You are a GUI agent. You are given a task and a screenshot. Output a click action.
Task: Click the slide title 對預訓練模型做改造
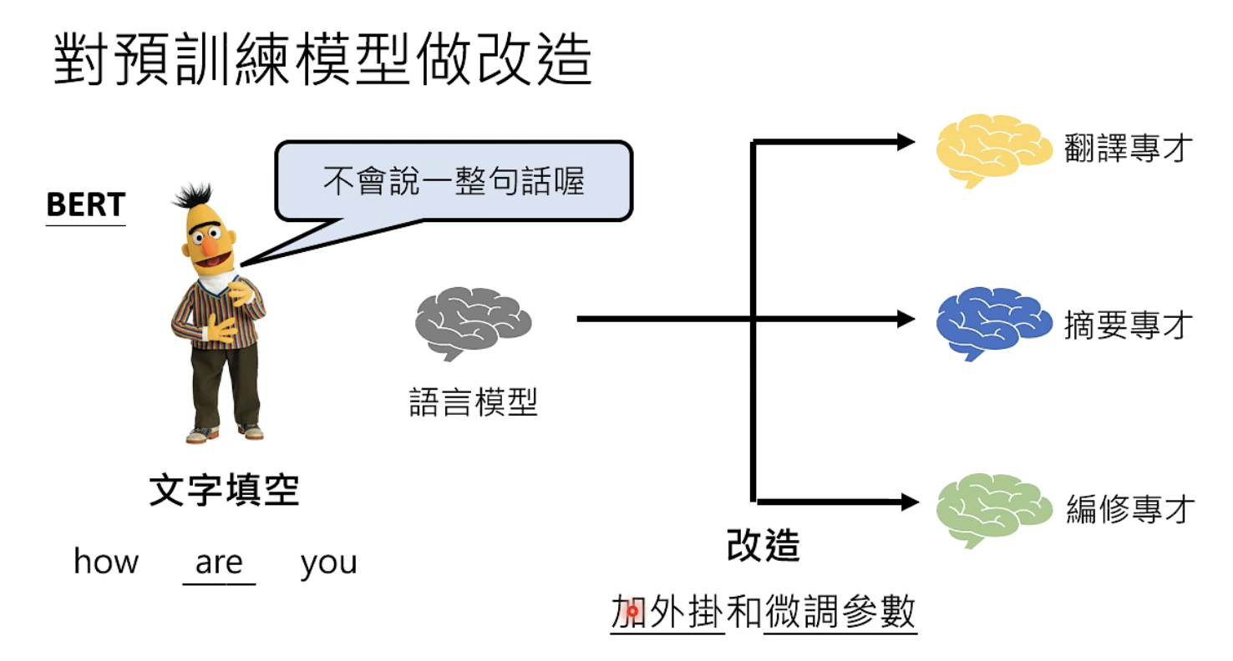322,59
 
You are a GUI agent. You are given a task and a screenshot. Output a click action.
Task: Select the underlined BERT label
86,205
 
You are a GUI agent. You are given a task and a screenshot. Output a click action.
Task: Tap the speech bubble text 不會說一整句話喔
454,181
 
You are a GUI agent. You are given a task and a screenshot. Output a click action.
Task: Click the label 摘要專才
1125,325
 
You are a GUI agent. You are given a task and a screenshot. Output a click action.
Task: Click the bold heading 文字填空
224,492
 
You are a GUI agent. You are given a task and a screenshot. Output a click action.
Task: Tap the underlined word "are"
219,563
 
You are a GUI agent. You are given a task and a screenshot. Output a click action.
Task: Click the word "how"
106,562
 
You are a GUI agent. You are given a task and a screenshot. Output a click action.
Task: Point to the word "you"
328,563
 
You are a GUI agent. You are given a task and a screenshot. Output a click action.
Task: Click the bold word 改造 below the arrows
764,547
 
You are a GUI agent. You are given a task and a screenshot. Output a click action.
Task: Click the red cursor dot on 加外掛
632,612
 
